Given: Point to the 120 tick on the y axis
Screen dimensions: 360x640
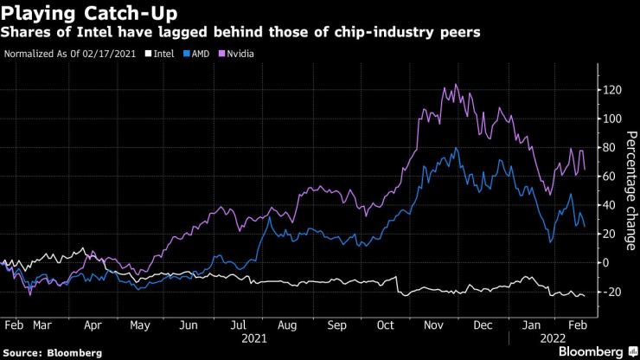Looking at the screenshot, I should pos(612,89).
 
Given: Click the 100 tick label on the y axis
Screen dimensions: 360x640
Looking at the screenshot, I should pos(612,118).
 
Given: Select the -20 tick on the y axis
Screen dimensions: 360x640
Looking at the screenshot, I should pos(612,292).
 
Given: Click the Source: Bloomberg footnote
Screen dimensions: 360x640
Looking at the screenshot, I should pos(53,352).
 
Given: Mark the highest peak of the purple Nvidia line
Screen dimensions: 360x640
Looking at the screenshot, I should pos(455,85).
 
